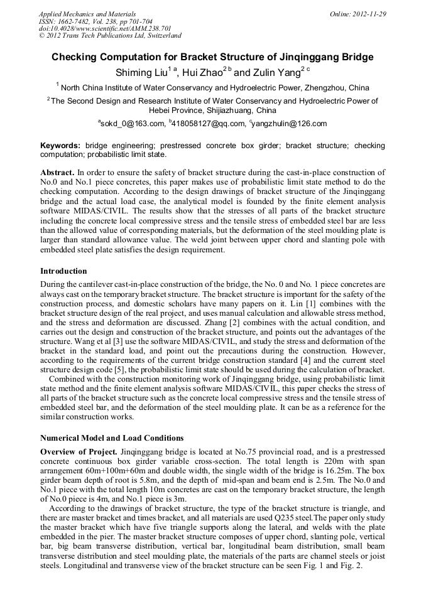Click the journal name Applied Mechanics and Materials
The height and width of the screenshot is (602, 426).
[87, 13]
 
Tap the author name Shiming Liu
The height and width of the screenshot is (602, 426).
[143, 73]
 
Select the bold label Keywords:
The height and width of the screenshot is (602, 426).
[60, 146]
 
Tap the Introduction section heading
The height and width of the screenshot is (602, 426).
[63, 271]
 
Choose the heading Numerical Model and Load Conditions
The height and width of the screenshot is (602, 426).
[112, 438]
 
